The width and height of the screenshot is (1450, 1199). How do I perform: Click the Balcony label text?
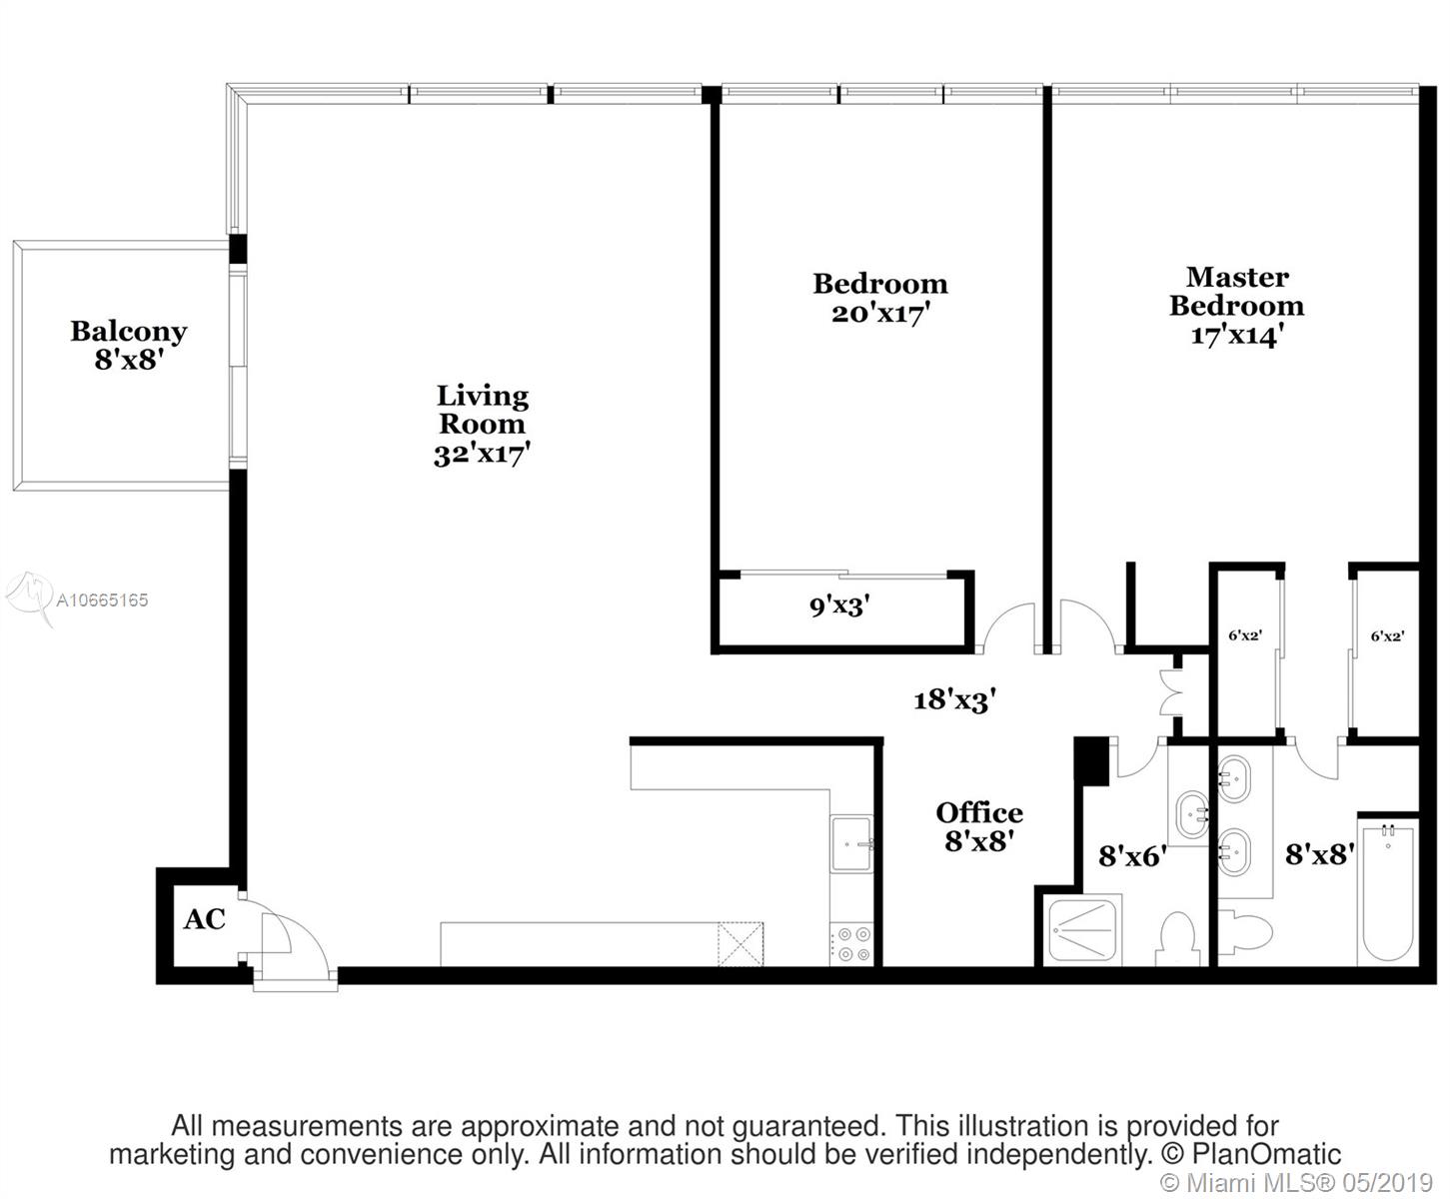129,331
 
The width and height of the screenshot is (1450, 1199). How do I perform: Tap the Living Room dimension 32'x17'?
482,454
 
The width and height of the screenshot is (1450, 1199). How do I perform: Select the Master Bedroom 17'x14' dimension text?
1236,336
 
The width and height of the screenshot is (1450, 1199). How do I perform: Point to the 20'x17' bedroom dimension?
880,313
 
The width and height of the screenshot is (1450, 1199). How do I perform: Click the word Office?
979,812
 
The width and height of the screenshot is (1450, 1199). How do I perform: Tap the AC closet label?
204,919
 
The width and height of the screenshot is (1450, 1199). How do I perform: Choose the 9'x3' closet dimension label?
839,606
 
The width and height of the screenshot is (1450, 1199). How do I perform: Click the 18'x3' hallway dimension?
955,699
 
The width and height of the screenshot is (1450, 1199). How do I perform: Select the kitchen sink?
851,843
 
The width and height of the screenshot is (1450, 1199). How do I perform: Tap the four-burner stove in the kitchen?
851,944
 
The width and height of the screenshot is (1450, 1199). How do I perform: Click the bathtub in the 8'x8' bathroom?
1387,893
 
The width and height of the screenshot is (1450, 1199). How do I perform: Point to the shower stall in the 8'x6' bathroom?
1083,930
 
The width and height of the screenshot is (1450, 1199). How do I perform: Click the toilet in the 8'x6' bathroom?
1178,938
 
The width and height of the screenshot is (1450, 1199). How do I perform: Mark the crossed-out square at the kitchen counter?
740,944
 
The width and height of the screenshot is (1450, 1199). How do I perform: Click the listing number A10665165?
102,599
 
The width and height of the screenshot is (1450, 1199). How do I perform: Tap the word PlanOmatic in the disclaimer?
1267,1154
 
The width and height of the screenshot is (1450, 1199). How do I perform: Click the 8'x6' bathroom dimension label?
1132,856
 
